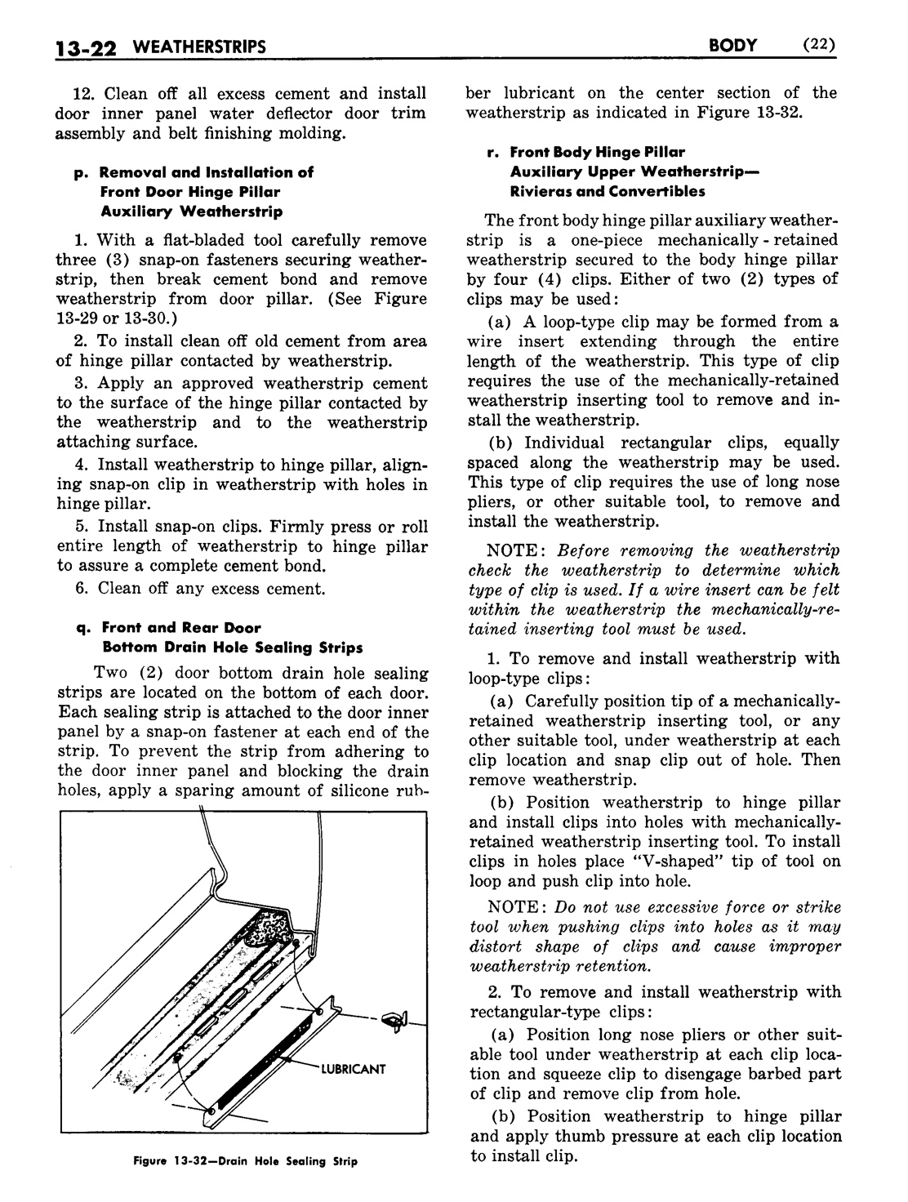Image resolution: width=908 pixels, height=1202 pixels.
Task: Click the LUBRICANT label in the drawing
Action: [x=352, y=1069]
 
